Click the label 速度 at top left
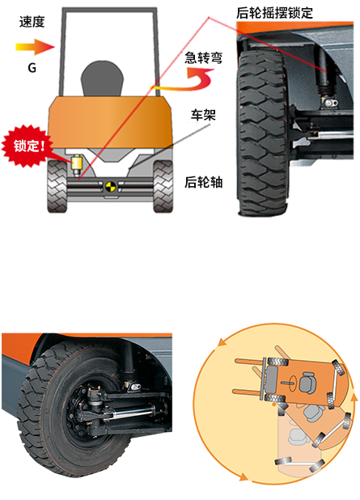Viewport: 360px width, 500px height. tap(32, 22)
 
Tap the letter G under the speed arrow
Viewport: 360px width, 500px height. tap(32, 68)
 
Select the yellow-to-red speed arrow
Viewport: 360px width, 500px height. tap(35, 47)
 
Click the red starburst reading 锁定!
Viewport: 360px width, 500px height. tap(25, 146)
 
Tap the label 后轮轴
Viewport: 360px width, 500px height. tap(203, 182)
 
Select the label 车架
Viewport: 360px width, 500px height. tap(203, 115)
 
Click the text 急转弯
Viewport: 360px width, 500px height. tap(203, 58)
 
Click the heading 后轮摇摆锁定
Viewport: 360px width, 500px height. tap(274, 13)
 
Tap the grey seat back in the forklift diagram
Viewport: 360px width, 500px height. tap(102, 78)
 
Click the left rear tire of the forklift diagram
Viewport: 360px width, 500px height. tap(57, 187)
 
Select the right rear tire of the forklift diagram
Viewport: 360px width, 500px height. tap(163, 187)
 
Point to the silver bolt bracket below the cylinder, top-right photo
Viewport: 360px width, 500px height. tap(331, 103)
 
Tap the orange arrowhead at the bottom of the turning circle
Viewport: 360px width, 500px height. tap(244, 477)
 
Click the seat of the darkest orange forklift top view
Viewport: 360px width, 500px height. tap(307, 381)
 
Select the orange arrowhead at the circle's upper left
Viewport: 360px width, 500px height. tap(222, 343)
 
